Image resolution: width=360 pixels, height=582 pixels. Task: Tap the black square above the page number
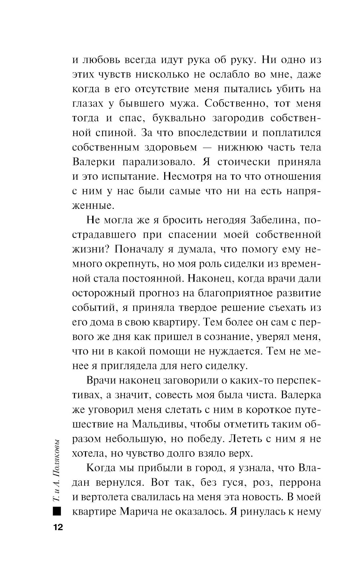tap(57, 511)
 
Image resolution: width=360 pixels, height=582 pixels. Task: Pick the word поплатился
tap(292, 133)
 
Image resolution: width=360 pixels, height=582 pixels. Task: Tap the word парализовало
tap(158, 162)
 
